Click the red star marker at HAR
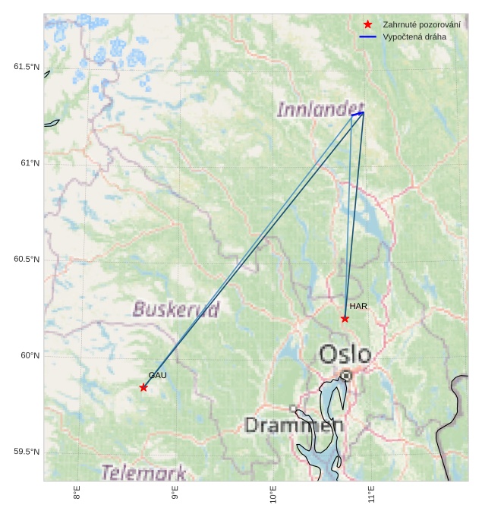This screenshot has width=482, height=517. click(345, 319)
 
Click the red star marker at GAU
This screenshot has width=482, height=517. click(143, 388)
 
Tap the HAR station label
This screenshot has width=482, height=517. click(358, 306)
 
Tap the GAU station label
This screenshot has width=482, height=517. click(157, 375)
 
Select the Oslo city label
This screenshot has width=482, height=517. click(345, 355)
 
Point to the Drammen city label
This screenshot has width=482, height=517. click(294, 424)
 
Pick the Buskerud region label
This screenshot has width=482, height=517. click(176, 309)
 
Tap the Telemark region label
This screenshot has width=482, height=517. click(143, 472)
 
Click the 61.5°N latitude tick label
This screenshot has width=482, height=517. click(27, 67)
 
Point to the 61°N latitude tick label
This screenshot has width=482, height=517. click(29, 163)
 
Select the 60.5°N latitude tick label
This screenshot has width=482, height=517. click(27, 260)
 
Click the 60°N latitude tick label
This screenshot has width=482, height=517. click(29, 355)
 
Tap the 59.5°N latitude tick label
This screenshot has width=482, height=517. click(27, 452)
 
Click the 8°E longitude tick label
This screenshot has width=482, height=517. click(77, 493)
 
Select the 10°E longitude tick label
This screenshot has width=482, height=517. click(273, 495)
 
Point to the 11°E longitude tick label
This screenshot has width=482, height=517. click(372, 495)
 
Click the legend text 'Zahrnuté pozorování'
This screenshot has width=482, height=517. click(421, 25)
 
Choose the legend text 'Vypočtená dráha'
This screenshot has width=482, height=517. click(414, 36)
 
